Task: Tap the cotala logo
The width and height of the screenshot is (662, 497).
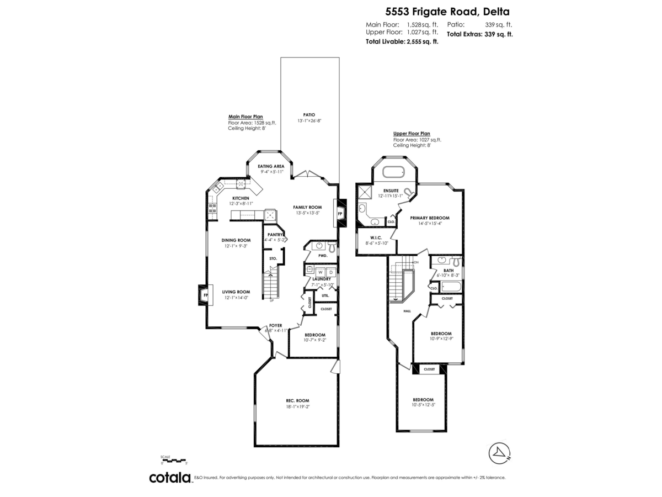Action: (x=169, y=478)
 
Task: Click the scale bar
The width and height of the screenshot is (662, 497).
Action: (x=174, y=460)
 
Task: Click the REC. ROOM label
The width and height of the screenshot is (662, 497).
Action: (x=297, y=400)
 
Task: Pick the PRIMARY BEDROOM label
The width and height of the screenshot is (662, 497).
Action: (x=430, y=218)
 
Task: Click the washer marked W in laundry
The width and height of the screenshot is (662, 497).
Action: (x=321, y=272)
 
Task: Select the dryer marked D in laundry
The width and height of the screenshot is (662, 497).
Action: (x=330, y=272)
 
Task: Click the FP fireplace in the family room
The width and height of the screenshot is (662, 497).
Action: (x=339, y=213)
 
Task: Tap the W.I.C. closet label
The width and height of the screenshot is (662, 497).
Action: (x=377, y=237)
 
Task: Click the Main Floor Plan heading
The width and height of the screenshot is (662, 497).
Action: (x=245, y=117)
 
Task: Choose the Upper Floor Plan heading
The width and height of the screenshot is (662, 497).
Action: (x=412, y=134)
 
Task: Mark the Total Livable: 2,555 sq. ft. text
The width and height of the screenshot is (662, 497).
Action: (x=402, y=41)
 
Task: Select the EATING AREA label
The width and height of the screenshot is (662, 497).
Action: (x=271, y=166)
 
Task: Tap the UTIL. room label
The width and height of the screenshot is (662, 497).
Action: (x=325, y=296)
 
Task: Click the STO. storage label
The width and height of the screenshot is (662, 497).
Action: (x=273, y=258)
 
